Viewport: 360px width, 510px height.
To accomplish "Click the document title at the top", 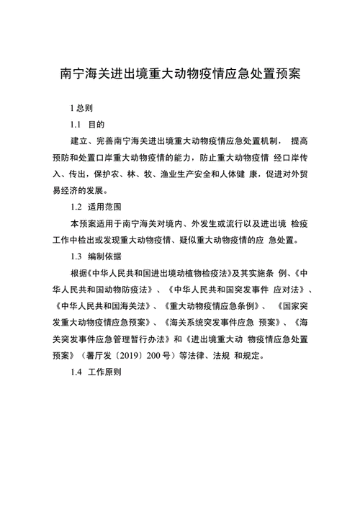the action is click(x=179, y=74).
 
